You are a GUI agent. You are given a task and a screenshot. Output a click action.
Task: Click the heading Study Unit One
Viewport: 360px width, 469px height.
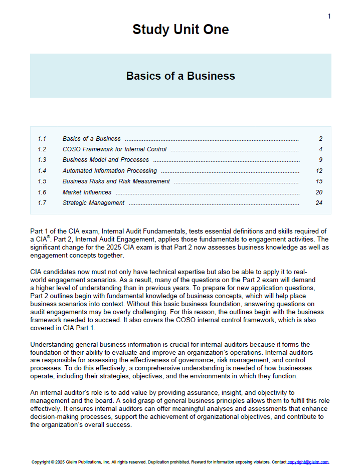point(181,30)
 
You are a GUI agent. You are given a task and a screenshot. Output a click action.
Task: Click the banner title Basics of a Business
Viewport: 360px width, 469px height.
point(181,76)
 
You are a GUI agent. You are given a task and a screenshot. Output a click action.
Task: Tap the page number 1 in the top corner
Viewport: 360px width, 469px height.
point(329,17)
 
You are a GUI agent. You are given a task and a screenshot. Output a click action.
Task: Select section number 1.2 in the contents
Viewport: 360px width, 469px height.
point(42,149)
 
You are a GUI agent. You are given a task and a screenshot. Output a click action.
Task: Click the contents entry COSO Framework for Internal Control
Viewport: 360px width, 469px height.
point(114,149)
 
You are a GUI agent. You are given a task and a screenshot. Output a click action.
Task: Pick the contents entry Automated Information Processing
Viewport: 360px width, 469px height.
point(109,171)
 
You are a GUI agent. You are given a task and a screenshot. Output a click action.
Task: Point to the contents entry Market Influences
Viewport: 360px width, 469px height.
point(87,192)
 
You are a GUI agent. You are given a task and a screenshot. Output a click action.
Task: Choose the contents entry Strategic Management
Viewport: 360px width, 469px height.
point(93,203)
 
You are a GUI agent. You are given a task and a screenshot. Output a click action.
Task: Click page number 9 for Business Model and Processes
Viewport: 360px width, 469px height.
point(320,160)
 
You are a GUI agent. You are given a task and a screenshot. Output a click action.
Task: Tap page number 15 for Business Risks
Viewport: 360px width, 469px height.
point(319,181)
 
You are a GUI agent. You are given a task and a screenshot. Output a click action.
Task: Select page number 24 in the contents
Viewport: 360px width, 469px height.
point(319,203)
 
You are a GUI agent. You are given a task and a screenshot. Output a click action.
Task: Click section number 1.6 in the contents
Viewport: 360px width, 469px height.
point(42,192)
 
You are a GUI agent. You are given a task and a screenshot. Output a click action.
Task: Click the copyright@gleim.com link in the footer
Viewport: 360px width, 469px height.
point(308,462)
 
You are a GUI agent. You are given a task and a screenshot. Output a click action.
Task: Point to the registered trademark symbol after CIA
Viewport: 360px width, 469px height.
point(48,237)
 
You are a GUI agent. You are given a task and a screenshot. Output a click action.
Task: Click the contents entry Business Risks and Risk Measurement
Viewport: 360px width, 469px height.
point(116,181)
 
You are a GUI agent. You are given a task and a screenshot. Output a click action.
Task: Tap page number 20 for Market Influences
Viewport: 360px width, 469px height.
point(319,192)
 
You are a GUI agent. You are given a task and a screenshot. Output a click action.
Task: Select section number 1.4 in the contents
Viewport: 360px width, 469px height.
point(42,171)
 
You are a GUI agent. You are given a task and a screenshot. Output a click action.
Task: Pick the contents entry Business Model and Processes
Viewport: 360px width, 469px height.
point(105,160)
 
